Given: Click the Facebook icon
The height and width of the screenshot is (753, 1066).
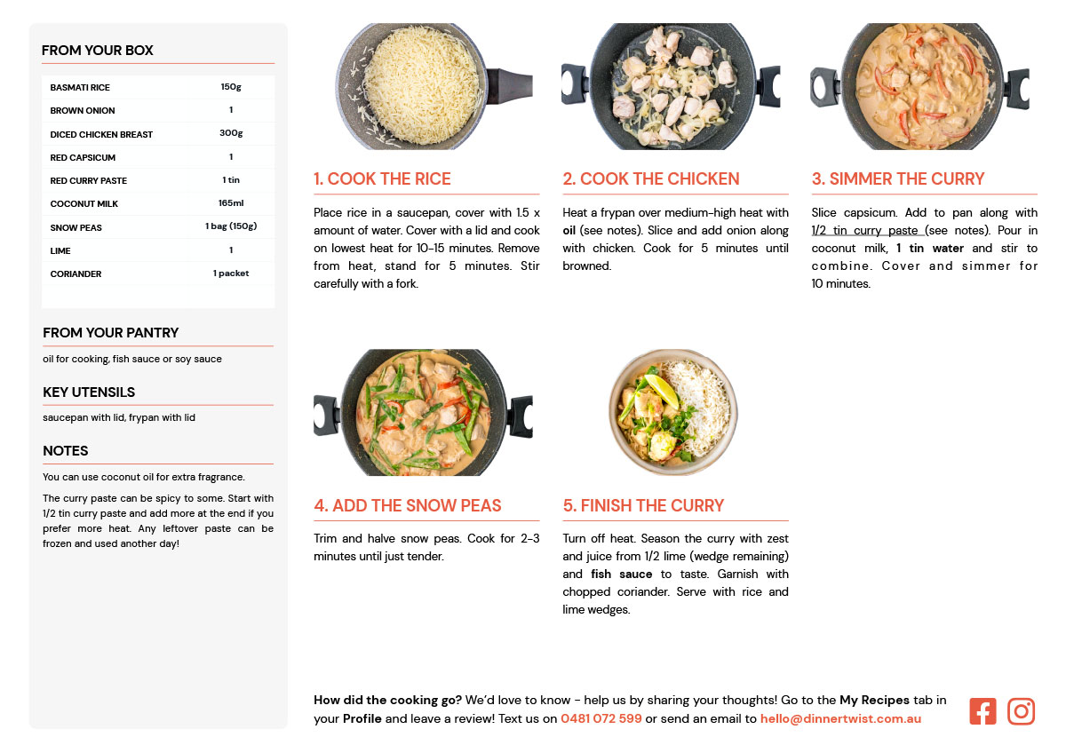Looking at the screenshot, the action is click(x=982, y=711).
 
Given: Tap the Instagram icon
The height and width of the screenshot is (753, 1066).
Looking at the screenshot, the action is click(x=1021, y=711).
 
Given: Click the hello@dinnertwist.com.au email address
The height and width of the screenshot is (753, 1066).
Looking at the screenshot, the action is click(x=840, y=718).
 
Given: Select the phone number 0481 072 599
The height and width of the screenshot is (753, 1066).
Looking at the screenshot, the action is click(x=601, y=718).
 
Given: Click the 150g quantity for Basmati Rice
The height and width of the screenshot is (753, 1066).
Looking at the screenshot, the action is click(x=231, y=86).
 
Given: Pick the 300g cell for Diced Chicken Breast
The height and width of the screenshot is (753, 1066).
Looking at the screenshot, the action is click(x=231, y=132).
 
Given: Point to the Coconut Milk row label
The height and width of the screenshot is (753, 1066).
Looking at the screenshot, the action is click(x=84, y=203).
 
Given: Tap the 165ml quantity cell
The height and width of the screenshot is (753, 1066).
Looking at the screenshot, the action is click(x=231, y=203).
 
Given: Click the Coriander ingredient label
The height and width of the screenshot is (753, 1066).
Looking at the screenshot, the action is click(x=76, y=274).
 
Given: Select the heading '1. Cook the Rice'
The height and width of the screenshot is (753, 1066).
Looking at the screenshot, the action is click(x=382, y=178).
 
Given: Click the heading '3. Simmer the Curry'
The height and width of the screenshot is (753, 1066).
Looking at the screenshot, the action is click(x=898, y=178).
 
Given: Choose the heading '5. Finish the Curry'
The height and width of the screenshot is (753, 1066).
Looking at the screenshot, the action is click(x=643, y=505).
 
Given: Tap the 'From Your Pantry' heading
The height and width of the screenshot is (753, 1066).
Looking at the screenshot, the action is click(x=110, y=332).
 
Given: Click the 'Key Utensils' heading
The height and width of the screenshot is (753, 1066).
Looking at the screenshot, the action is click(x=89, y=392).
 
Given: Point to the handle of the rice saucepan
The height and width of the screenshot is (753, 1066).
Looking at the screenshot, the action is click(x=509, y=86).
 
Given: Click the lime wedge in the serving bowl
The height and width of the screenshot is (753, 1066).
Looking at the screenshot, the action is click(x=663, y=390).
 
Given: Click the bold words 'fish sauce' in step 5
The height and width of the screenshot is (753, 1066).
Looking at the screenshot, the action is click(x=622, y=575).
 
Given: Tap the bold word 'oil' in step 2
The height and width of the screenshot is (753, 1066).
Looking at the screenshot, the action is click(x=569, y=230).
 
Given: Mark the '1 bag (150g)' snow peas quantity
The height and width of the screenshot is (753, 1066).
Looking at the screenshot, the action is click(x=231, y=226).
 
